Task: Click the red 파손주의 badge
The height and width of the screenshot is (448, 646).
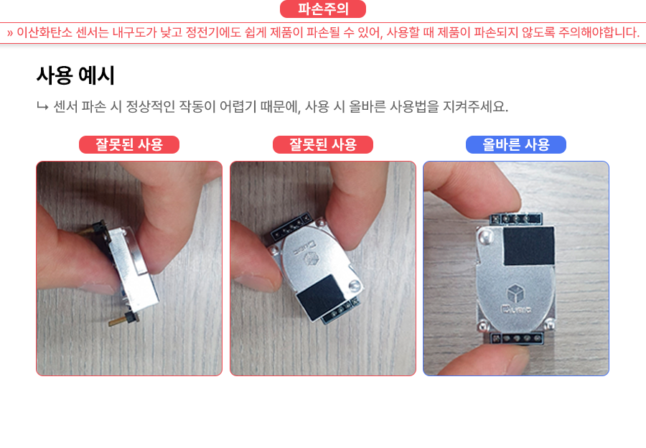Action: click(322, 9)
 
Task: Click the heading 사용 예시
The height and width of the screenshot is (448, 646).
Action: click(75, 75)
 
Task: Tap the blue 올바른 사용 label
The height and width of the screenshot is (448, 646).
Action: click(516, 144)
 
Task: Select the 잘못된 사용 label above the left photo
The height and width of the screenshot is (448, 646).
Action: click(129, 144)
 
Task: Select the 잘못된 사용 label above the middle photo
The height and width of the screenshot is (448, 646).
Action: click(322, 144)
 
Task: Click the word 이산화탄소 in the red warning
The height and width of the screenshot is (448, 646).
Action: click(45, 32)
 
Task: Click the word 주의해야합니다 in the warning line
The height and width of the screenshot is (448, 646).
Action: click(598, 32)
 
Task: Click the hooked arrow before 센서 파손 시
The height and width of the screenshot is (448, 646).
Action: click(42, 107)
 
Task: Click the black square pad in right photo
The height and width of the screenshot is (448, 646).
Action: click(529, 246)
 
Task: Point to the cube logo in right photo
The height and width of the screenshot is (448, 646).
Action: click(515, 294)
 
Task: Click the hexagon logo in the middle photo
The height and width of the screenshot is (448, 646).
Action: click(310, 259)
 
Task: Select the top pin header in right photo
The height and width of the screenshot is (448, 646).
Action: click(515, 218)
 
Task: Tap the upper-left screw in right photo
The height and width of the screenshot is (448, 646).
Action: click(485, 237)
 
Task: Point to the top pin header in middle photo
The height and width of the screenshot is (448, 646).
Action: click(291, 226)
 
